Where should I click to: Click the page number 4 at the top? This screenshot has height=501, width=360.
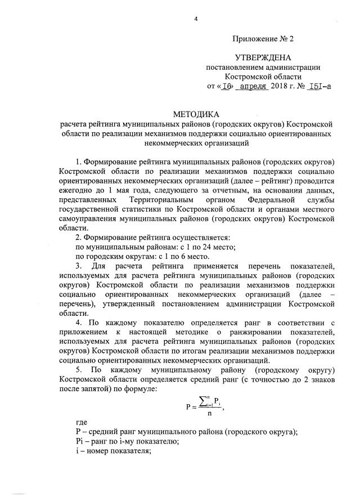(x=196, y=19)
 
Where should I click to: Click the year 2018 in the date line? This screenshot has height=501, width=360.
(x=280, y=86)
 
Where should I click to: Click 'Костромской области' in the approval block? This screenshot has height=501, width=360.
(x=263, y=77)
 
